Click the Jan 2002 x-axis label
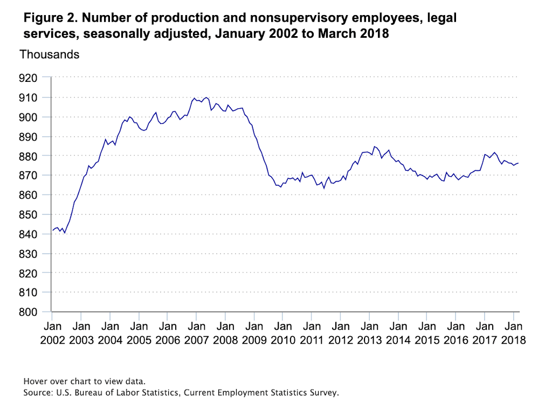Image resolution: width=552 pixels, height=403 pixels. tap(52, 333)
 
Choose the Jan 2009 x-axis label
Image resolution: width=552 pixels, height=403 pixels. tap(254, 333)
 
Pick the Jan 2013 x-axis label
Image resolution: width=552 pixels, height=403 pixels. tap(369, 333)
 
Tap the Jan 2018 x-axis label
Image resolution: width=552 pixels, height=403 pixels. tap(513, 333)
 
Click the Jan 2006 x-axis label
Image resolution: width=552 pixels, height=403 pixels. tap(168, 333)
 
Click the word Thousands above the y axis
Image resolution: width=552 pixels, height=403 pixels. tap(50, 54)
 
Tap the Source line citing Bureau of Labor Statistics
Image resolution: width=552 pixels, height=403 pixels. tap(181, 393)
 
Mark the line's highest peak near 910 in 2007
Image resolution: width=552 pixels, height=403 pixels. tap(206, 98)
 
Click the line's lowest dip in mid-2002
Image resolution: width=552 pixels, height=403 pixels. tap(65, 233)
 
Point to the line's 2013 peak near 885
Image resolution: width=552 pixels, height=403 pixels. tap(374, 146)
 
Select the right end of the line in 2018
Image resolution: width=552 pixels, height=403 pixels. tap(518, 163)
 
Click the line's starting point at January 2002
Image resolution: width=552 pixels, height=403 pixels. tap(52, 230)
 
